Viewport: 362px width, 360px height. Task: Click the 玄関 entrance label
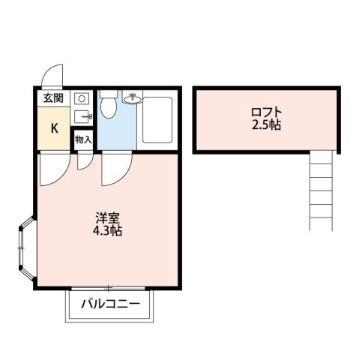pyautogui.click(x=52, y=97)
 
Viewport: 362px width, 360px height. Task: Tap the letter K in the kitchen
pyautogui.click(x=54, y=127)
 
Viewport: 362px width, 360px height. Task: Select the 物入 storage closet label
pyautogui.click(x=82, y=139)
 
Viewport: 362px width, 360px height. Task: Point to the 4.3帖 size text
pyautogui.click(x=108, y=231)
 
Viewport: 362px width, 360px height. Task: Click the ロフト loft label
pyautogui.click(x=267, y=112)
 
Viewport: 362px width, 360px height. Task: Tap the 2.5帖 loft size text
pyautogui.click(x=267, y=125)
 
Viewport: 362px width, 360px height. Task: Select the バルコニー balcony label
pyautogui.click(x=111, y=305)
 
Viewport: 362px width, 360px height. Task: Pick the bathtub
pyautogui.click(x=157, y=119)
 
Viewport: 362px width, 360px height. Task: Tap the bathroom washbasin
pyautogui.click(x=133, y=98)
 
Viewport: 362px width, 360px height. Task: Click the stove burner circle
pyautogui.click(x=82, y=98)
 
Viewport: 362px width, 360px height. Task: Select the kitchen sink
pyautogui.click(x=82, y=116)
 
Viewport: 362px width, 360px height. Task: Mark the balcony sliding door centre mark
pyautogui.click(x=109, y=288)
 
